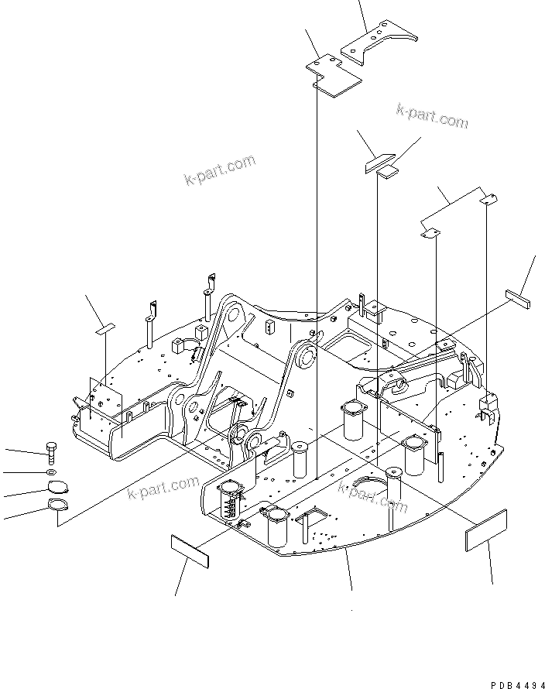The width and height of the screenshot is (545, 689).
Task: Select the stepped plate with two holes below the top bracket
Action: coord(333,75)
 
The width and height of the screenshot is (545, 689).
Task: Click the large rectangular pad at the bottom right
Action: coord(486,530)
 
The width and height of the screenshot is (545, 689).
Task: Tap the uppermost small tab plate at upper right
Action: coord(486,201)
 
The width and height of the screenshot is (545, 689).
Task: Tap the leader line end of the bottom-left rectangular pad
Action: coord(176,595)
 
